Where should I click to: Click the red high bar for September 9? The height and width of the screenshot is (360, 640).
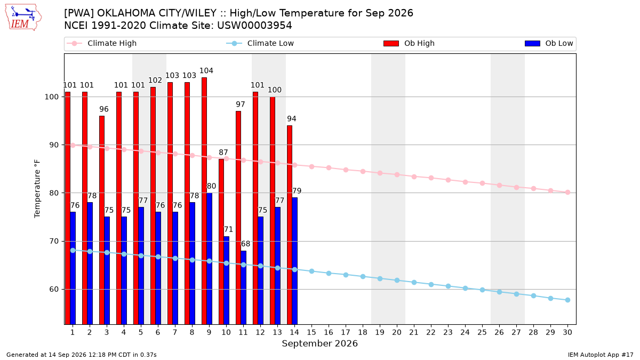tap(204, 201)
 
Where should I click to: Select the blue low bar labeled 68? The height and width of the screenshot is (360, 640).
tap(243, 287)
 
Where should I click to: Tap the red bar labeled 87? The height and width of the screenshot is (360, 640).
tap(221, 242)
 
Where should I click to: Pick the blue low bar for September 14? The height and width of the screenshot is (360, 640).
tap(294, 261)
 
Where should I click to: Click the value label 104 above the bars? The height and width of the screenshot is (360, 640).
tap(206, 70)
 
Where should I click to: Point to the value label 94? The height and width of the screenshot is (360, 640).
tap(292, 118)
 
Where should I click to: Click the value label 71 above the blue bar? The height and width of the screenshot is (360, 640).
tap(228, 229)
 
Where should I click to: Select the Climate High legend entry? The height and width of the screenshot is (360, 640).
tap(102, 43)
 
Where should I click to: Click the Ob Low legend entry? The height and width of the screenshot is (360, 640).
tap(549, 43)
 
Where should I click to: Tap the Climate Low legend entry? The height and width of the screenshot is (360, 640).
tap(260, 43)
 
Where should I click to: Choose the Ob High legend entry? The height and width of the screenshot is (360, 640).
tap(409, 43)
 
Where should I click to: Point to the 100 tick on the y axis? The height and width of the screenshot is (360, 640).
tap(51, 97)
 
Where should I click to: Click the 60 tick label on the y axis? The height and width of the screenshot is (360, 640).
tap(54, 290)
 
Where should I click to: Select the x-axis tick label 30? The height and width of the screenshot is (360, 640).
tap(567, 332)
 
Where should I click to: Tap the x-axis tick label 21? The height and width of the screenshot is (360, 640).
tap(414, 332)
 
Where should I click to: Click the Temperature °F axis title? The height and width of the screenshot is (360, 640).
tap(37, 189)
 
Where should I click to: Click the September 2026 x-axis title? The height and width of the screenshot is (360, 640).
tap(319, 343)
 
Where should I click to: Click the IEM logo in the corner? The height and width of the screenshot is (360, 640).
tap(23, 18)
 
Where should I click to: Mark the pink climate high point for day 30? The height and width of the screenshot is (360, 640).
tap(567, 193)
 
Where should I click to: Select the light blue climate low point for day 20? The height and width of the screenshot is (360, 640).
tap(397, 281)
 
